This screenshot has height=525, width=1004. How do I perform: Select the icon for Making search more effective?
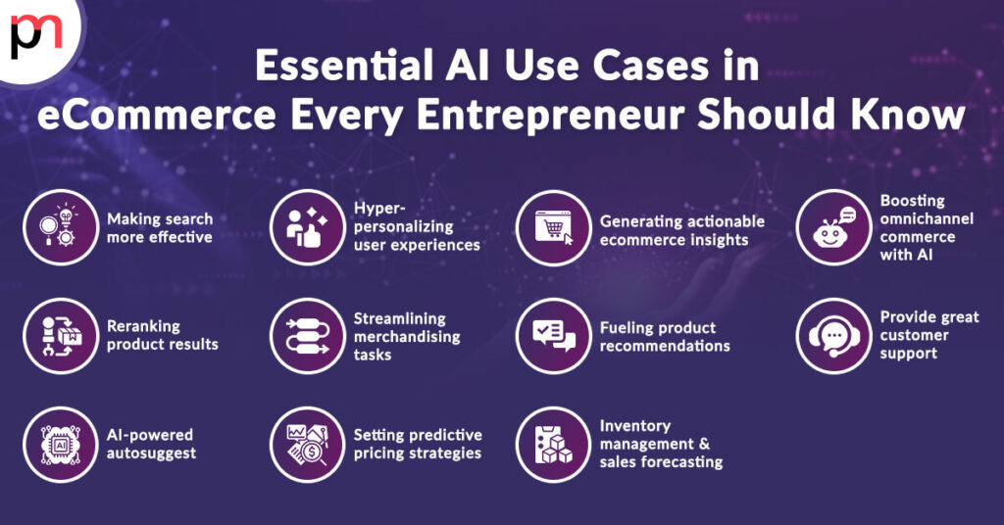(61, 227)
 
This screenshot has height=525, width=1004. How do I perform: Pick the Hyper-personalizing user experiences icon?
(307, 227)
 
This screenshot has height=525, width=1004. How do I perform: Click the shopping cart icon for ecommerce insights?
(554, 227)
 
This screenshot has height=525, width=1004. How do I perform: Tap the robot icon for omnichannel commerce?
(833, 227)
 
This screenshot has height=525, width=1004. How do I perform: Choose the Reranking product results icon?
(61, 335)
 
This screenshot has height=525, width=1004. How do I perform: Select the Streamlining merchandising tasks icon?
(307, 335)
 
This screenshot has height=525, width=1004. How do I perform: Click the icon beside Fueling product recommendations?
(554, 335)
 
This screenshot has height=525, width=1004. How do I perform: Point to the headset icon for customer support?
(833, 335)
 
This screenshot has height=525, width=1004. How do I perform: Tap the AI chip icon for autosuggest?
(61, 444)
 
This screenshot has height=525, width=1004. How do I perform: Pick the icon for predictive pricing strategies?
(307, 444)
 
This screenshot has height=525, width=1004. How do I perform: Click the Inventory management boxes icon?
(554, 444)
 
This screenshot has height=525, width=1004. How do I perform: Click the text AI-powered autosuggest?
(151, 444)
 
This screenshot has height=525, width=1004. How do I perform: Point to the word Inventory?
(635, 426)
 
